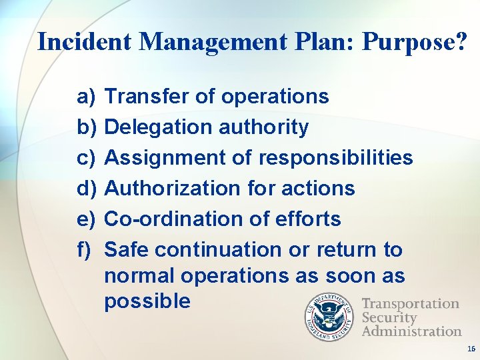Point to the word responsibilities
(335, 158)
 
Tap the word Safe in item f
(127, 250)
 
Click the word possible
(147, 301)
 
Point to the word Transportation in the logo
(410, 304)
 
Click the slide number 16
(471, 349)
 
